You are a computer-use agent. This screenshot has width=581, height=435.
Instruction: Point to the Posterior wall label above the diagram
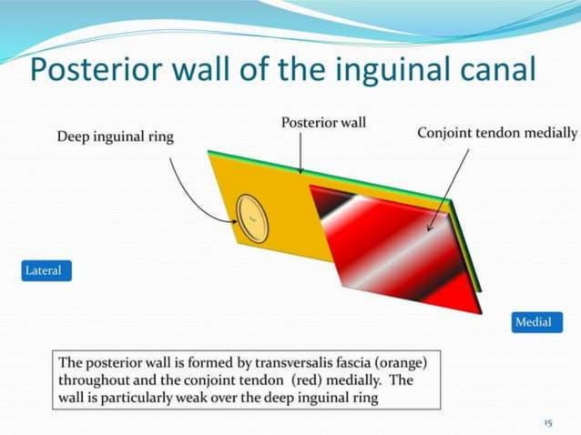click(323, 122)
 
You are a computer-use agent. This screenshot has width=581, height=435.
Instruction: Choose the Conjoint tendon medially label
click(496, 133)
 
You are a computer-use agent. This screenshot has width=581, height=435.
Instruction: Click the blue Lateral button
click(44, 271)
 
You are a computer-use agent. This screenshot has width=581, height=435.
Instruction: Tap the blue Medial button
click(533, 322)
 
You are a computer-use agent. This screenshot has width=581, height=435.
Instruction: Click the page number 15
click(547, 423)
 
